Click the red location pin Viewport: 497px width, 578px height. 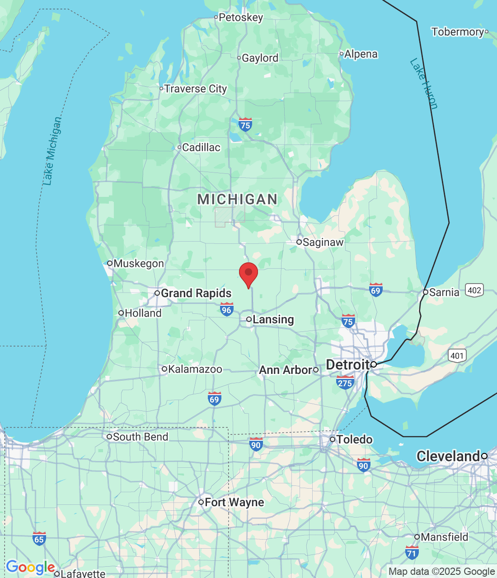pyautogui.click(x=248, y=274)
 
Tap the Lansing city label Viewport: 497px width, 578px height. pyautogui.click(x=273, y=320)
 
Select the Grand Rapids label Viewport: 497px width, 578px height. pyautogui.click(x=196, y=294)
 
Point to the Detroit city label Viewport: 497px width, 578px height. pyautogui.click(x=348, y=365)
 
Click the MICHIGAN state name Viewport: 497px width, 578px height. pyautogui.click(x=238, y=199)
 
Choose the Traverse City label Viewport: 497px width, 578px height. pyautogui.click(x=195, y=89)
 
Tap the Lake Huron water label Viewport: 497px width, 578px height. pyautogui.click(x=424, y=84)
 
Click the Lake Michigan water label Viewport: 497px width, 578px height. pyautogui.click(x=52, y=151)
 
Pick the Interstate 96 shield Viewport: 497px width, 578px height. pyautogui.click(x=226, y=309)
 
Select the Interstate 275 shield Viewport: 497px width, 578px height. pyautogui.click(x=345, y=383)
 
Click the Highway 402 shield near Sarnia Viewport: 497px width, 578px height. pyautogui.click(x=474, y=290)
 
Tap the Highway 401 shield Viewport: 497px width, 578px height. pyautogui.click(x=457, y=355)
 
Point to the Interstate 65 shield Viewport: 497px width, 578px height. pyautogui.click(x=39, y=539)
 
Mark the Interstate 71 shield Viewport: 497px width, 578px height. pyautogui.click(x=412, y=552)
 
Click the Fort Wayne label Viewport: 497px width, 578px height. pyautogui.click(x=234, y=503)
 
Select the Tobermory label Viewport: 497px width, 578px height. pyautogui.click(x=458, y=32)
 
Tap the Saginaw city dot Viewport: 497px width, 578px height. pyautogui.click(x=299, y=242)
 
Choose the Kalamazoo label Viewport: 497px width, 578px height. pyautogui.click(x=195, y=369)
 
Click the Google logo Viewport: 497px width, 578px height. pyautogui.click(x=30, y=567)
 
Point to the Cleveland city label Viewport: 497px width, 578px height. pyautogui.click(x=448, y=457)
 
